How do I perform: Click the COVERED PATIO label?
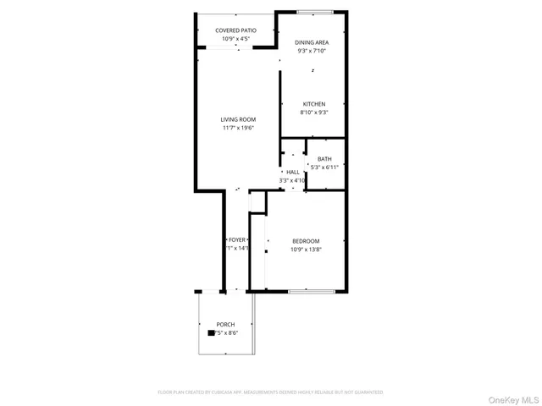(235, 30)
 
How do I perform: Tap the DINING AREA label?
(312, 42)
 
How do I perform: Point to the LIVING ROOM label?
(238, 119)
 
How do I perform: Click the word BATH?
(324, 159)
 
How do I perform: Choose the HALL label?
(293, 172)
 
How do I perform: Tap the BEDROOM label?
(306, 241)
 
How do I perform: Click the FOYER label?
(236, 240)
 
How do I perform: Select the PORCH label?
(225, 325)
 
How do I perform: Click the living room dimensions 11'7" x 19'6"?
(238, 129)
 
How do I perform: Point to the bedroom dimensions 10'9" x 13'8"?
(306, 250)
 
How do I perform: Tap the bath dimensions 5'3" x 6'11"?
(324, 167)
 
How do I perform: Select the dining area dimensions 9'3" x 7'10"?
(312, 51)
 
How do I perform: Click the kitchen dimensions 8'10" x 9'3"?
(314, 112)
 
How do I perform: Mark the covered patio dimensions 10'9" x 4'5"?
(235, 39)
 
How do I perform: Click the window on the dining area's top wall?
(314, 11)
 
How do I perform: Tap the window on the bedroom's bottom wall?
(310, 292)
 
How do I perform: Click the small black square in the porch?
(212, 333)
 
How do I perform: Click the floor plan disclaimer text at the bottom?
(270, 392)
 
